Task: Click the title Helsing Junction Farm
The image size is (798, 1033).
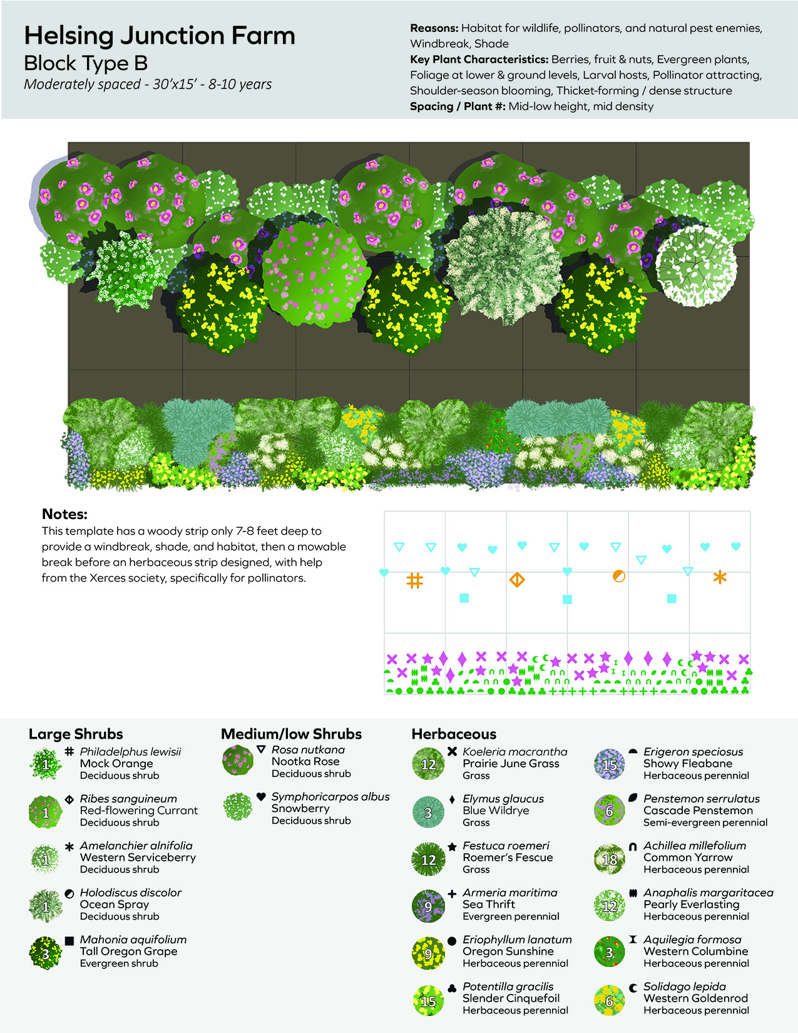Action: tap(159, 36)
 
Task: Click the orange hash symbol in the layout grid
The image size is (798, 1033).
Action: tap(414, 580)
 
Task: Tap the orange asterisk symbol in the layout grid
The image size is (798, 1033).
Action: tap(720, 577)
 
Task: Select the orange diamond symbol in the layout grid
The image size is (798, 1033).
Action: tap(516, 580)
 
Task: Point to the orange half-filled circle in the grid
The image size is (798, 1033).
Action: tap(618, 576)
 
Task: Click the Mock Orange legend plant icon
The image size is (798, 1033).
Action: tap(45, 764)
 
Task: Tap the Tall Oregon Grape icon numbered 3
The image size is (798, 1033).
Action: tap(45, 953)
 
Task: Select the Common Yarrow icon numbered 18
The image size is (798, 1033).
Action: tap(609, 859)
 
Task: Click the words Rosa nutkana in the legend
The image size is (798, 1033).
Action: tap(308, 749)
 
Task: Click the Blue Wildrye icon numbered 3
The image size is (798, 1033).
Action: tap(428, 812)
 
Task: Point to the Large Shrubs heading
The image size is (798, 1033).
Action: tap(76, 734)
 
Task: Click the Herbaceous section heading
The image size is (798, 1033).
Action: tap(454, 734)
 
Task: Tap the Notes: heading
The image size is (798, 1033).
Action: tap(64, 514)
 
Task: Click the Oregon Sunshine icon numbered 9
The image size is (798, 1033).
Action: tap(428, 953)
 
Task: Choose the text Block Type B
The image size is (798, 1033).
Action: tap(86, 63)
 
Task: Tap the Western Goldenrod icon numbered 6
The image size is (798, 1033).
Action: tap(609, 1000)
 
